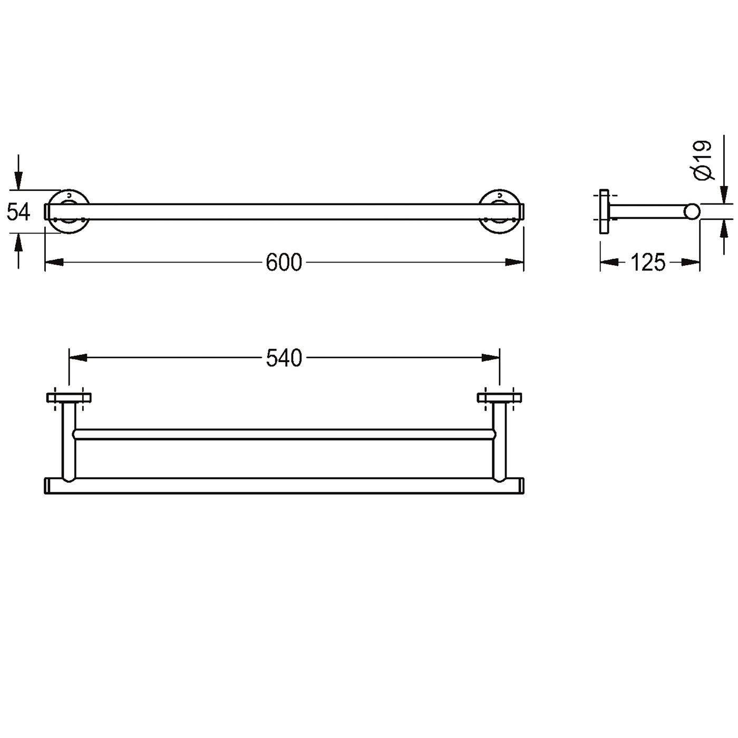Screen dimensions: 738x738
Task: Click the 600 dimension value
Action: pos(284,263)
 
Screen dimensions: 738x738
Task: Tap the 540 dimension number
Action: pos(284,358)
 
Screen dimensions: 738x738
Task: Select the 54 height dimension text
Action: pos(19,212)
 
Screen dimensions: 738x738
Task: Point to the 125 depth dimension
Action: pos(648,263)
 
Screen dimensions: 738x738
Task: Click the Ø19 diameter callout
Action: pos(703,160)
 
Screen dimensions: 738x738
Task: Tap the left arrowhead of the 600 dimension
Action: pos(54,263)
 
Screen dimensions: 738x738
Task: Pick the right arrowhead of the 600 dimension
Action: pos(514,263)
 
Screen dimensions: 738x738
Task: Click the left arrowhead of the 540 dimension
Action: pos(77,358)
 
